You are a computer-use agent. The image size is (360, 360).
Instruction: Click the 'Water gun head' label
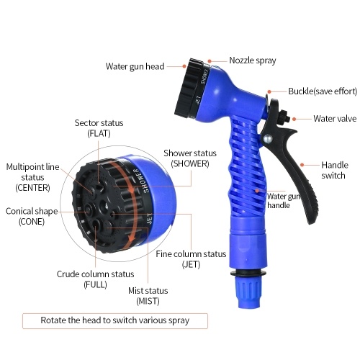coord(135,66)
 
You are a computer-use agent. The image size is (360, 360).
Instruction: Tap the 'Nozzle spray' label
coord(253,60)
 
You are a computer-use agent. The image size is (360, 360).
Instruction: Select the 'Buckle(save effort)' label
coord(323,91)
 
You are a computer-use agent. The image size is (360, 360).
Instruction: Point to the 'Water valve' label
coord(335,119)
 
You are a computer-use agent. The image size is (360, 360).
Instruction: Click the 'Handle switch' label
coord(335,170)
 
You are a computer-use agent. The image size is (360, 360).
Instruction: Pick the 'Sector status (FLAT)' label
coord(99,128)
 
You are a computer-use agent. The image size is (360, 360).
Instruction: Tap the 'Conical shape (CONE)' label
coord(32,216)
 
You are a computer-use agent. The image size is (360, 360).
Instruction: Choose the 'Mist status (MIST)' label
coord(148,296)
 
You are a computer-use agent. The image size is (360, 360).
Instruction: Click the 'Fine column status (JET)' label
coord(191,259)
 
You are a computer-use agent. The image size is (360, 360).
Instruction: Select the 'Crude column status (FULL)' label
coord(95,279)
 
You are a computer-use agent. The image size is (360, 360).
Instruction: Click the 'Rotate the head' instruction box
coord(115,320)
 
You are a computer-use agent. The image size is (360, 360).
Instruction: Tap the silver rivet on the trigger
coord(268,139)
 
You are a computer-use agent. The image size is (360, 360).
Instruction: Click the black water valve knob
coord(284,117)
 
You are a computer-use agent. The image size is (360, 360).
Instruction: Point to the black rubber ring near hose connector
coord(248,273)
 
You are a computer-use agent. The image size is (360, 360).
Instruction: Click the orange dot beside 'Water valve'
coord(294,119)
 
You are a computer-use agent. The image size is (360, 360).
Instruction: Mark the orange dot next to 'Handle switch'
coord(302,165)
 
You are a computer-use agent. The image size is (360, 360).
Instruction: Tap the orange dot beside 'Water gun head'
coord(184,66)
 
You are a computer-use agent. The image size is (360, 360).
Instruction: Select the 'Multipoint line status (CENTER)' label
coord(32,177)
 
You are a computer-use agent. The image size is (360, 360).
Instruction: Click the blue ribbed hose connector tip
coord(248,292)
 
